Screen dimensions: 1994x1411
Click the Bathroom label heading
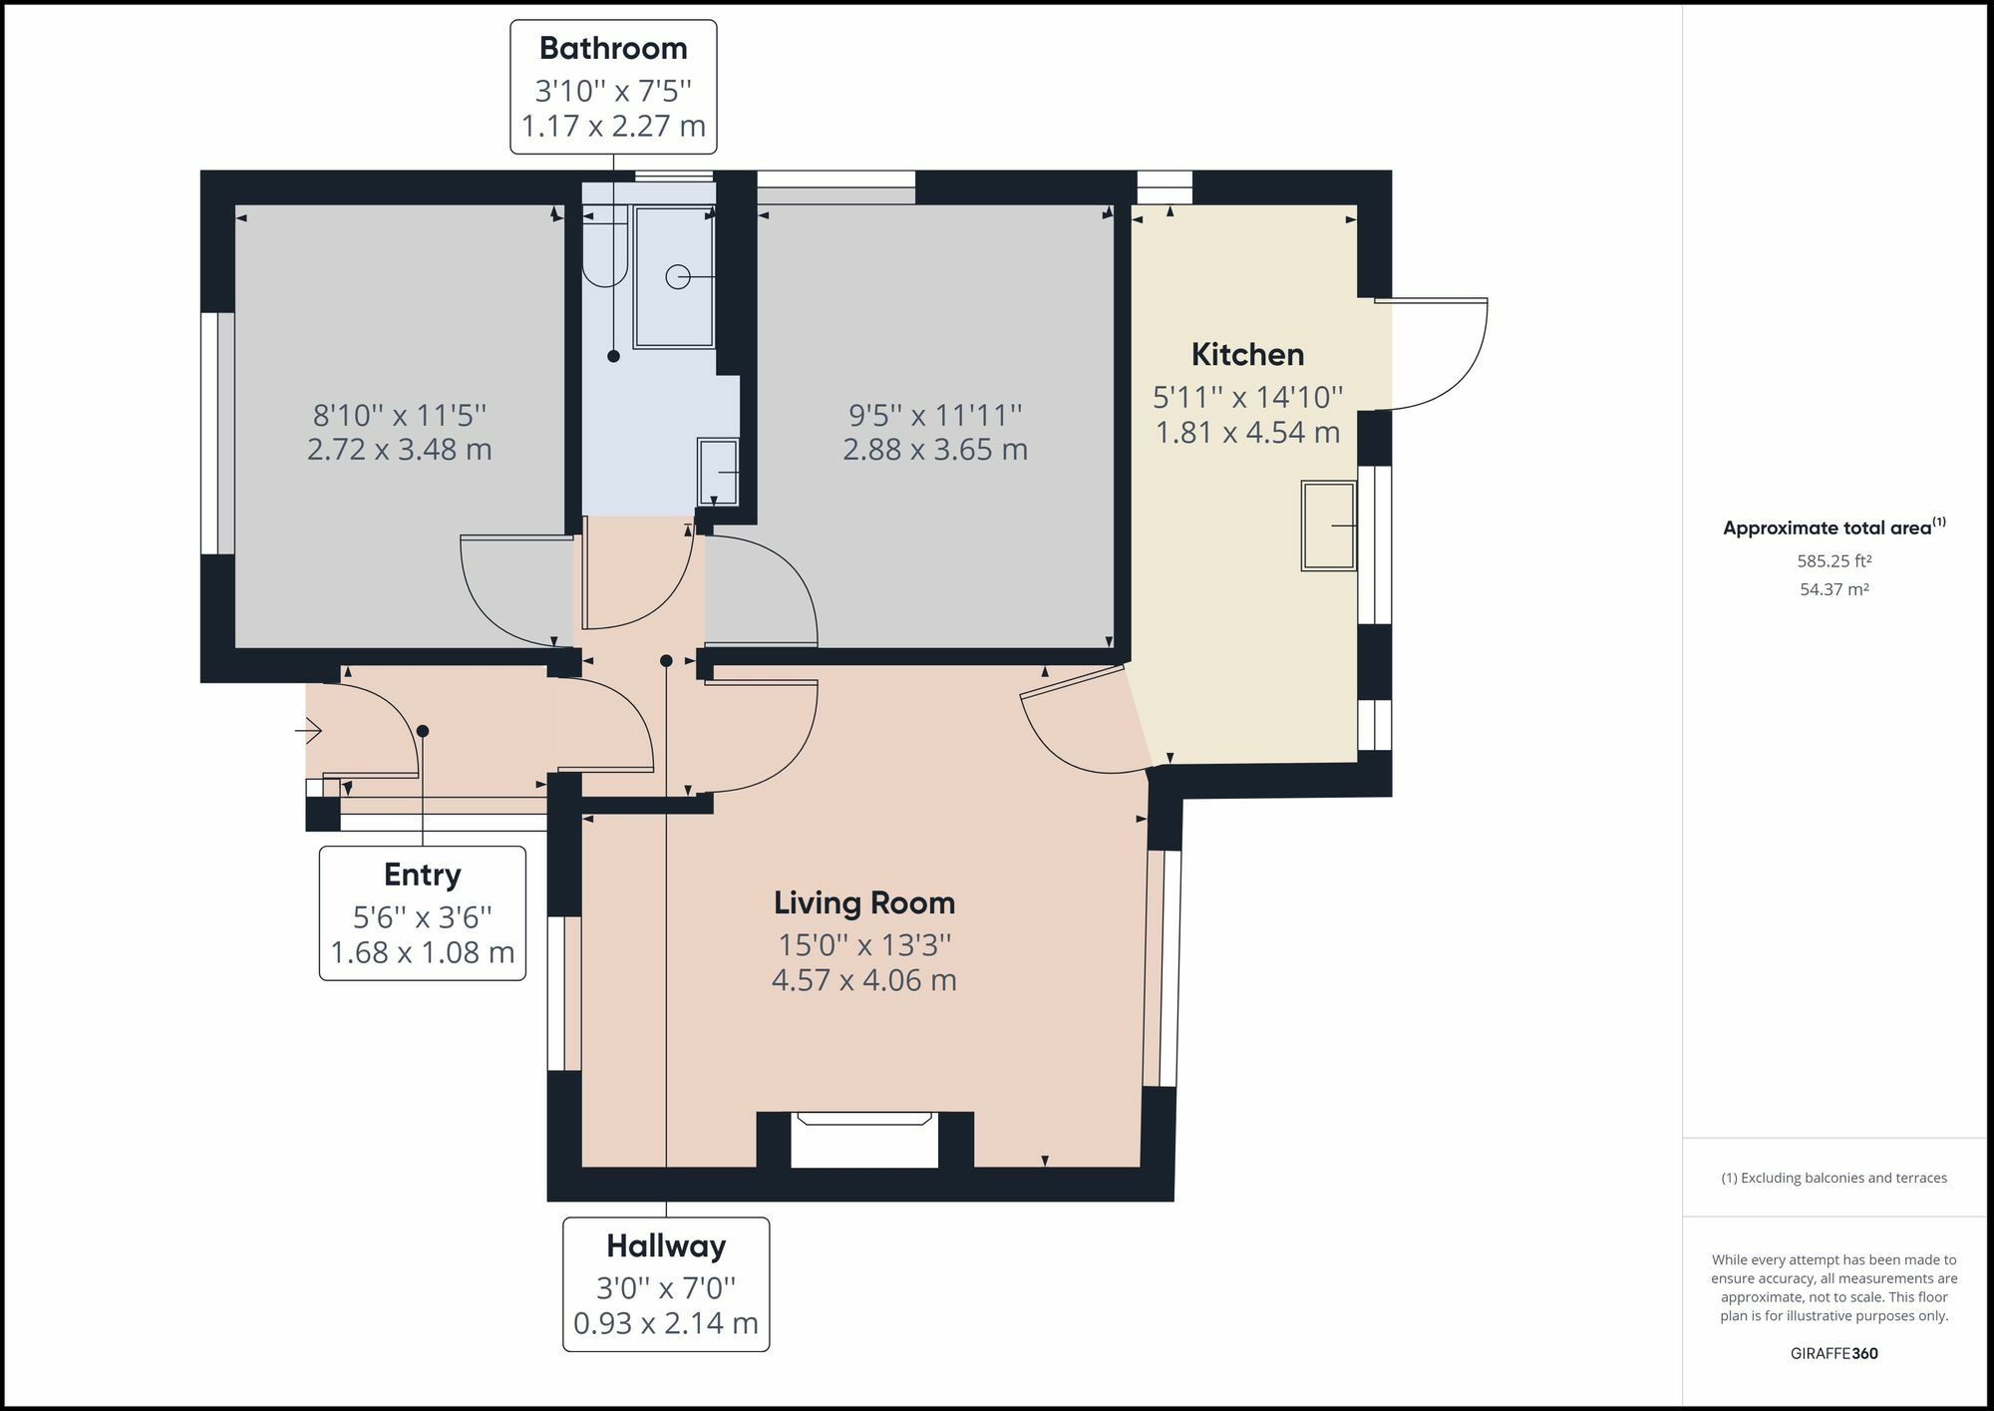click(x=613, y=48)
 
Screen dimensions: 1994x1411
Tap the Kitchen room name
click(x=1247, y=354)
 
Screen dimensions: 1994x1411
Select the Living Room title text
click(x=864, y=902)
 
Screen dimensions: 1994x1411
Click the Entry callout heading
click(x=423, y=875)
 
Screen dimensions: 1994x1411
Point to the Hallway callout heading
click(x=666, y=1245)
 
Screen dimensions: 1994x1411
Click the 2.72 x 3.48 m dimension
click(x=400, y=449)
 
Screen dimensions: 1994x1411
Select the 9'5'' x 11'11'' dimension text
click(x=935, y=414)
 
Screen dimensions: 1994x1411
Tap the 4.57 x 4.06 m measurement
click(x=864, y=979)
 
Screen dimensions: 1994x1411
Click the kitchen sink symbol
click(x=1329, y=526)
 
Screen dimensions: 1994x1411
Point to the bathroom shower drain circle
click(x=678, y=276)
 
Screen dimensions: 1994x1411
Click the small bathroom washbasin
click(x=719, y=472)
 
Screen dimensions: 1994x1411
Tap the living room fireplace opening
click(x=865, y=1140)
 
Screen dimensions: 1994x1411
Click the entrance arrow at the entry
click(x=308, y=732)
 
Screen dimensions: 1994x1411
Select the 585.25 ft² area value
click(x=1834, y=561)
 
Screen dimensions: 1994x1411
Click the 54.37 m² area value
click(x=1834, y=589)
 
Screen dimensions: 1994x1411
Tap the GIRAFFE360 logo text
click(x=1834, y=1353)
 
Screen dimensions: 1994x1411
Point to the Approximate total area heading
click(x=1834, y=528)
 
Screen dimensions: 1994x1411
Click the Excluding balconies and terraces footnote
click(x=1834, y=1178)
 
